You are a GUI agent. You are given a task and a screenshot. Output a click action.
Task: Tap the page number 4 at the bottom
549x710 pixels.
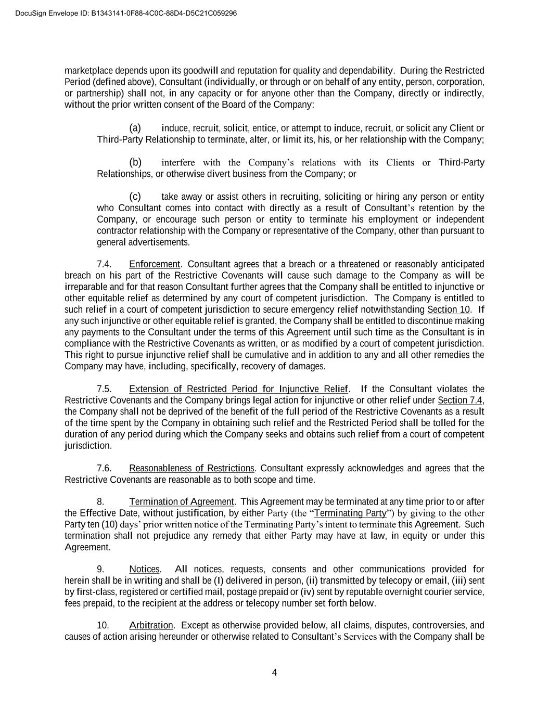coord(274,673)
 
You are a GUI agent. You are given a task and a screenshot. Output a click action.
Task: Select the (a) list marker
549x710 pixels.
coord(135,128)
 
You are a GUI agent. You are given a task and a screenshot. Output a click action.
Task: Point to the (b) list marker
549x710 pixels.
coord(135,162)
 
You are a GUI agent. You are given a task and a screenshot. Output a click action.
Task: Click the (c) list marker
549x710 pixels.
coord(135,197)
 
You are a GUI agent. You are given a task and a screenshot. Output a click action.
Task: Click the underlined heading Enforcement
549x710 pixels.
coord(154,264)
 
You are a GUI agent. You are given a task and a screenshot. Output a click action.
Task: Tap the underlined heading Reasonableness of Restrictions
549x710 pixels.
coord(191,469)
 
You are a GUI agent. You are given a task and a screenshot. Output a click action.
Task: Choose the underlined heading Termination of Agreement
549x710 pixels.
coord(182,502)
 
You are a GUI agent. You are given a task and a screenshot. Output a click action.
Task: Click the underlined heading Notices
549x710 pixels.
coord(144,570)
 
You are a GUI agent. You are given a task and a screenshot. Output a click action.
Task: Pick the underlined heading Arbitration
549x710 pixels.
coord(151,626)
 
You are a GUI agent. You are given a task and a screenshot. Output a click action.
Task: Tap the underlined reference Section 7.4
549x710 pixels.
coord(460,401)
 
